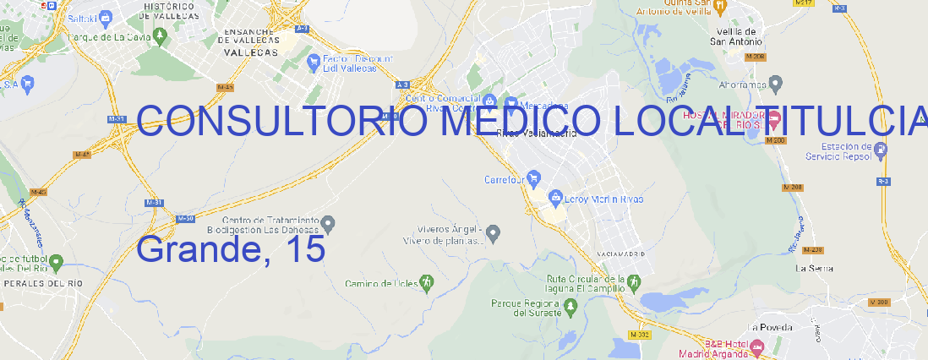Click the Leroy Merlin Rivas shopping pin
555,197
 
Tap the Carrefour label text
505,179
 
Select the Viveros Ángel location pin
496,232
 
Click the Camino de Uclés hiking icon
427,281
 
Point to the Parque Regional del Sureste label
527,308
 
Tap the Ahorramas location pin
777,83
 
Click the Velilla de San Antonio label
734,35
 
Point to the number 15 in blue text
305,249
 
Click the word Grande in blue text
199,249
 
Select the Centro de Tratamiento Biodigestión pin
330,223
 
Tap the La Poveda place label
770,327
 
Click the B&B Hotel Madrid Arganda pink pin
757,346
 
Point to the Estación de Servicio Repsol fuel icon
881,151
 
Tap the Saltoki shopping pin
106,16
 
